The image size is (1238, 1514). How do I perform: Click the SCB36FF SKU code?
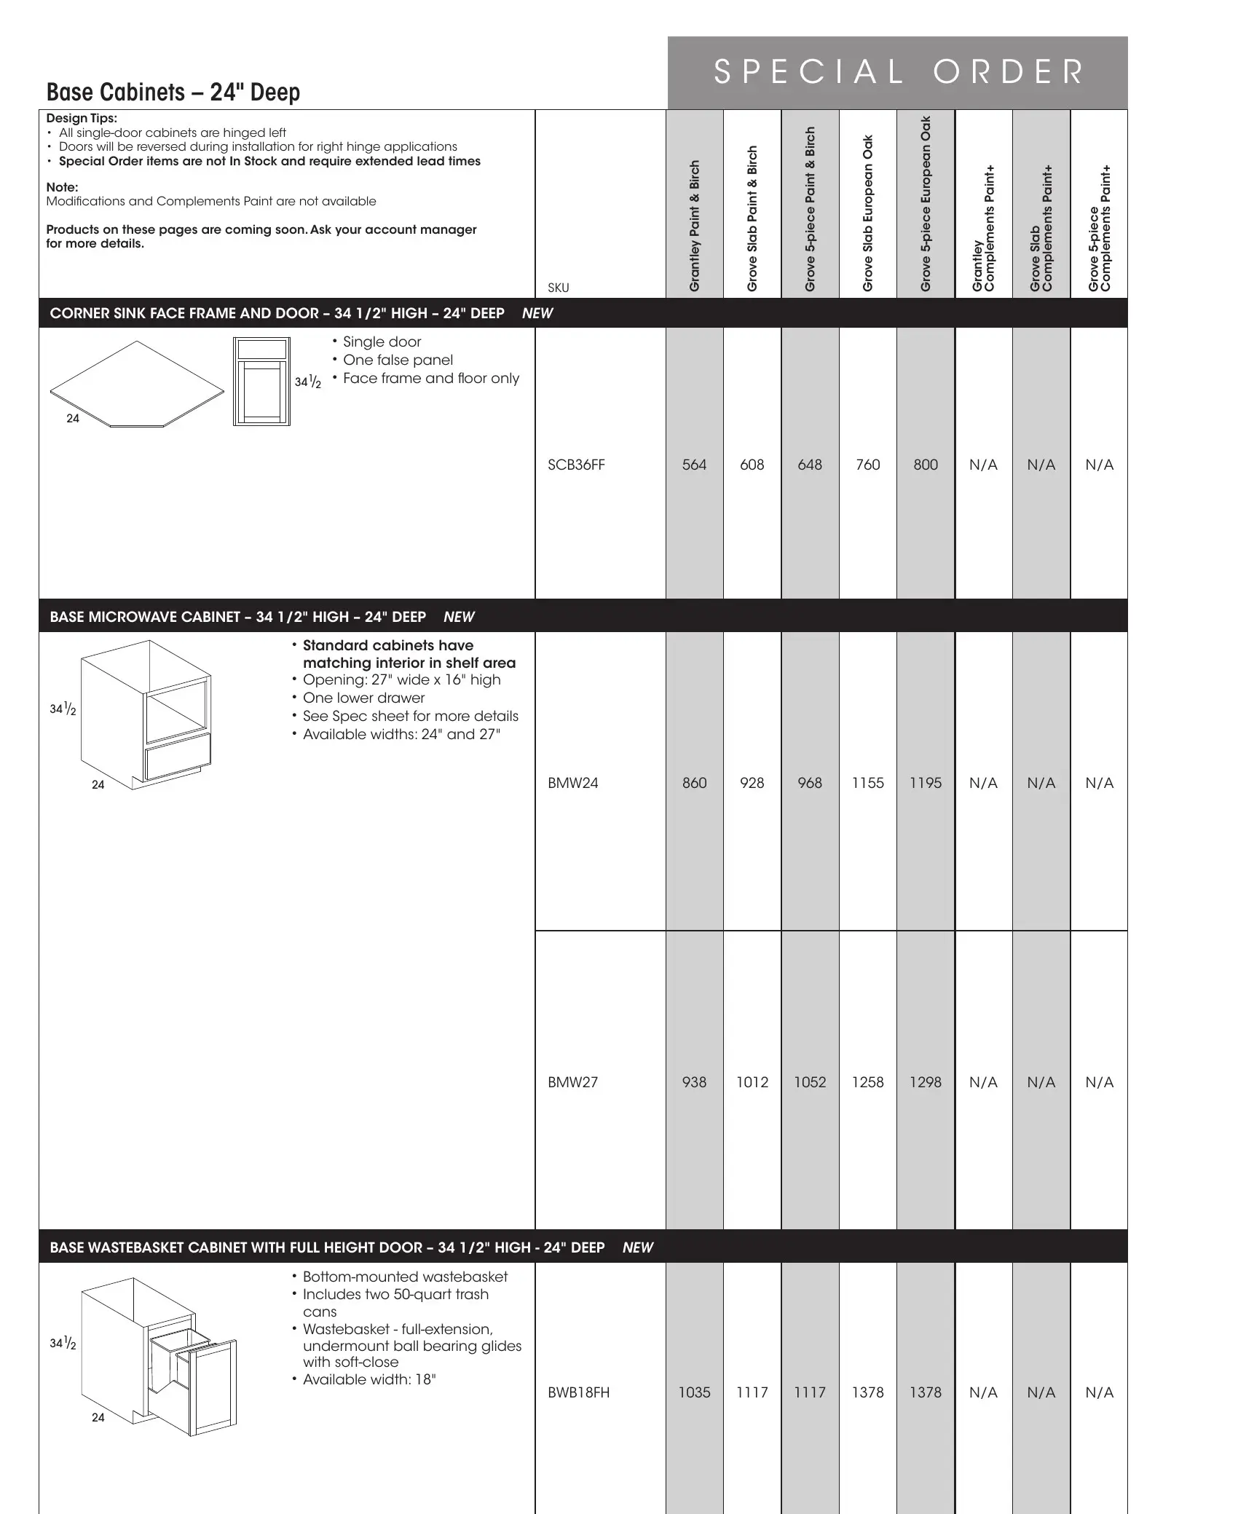click(x=576, y=465)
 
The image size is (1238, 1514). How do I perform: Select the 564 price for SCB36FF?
click(x=694, y=465)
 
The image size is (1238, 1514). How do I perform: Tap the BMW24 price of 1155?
click(x=867, y=783)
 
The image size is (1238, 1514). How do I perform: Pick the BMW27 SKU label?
click(x=572, y=1082)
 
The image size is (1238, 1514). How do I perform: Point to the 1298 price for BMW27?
click(x=925, y=1082)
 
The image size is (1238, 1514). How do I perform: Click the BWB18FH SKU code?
click(x=578, y=1392)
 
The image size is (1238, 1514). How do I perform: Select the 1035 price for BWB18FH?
click(x=694, y=1392)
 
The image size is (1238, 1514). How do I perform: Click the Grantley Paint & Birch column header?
click(x=694, y=226)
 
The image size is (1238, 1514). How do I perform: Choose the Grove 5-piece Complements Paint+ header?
click(x=1099, y=229)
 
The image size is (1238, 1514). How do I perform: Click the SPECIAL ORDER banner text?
click(x=898, y=72)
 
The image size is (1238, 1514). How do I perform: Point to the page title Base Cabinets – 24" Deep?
click(x=173, y=92)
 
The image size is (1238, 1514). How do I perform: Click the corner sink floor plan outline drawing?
click(x=137, y=384)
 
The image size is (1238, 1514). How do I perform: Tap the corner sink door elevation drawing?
click(x=261, y=381)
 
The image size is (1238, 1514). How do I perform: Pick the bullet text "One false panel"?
click(x=398, y=360)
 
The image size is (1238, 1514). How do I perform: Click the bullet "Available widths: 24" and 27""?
click(x=401, y=734)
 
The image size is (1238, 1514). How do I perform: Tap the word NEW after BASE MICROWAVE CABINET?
click(x=459, y=617)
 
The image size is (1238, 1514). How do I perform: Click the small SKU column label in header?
click(x=558, y=288)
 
